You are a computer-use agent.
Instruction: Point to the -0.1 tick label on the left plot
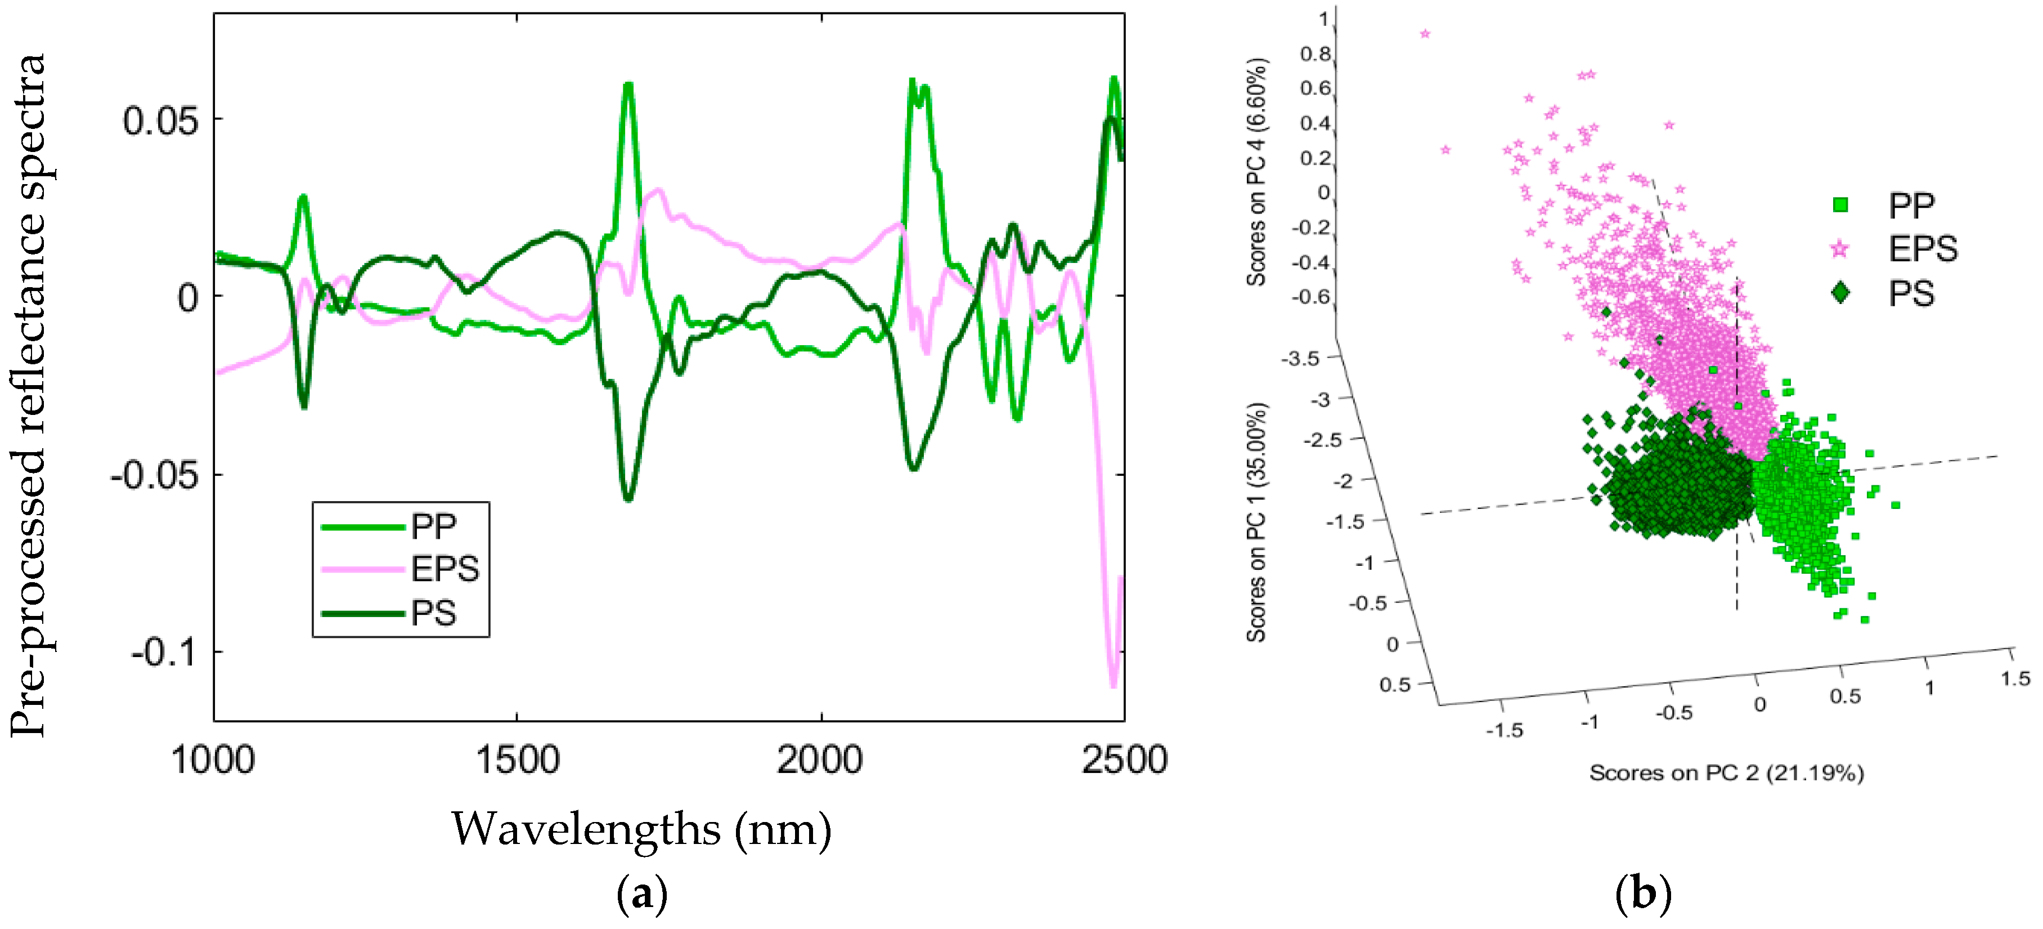tap(162, 653)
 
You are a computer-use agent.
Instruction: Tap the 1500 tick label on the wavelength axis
tap(517, 760)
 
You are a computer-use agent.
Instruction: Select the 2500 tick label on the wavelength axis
tap(1124, 760)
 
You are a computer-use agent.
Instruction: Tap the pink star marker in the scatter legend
tap(1840, 249)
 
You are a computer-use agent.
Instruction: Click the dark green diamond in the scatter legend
tap(1840, 293)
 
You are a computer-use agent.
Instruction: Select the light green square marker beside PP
tap(1840, 206)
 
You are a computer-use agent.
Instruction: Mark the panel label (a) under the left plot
tap(641, 895)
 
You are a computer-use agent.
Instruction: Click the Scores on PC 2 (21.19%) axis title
tap(1726, 772)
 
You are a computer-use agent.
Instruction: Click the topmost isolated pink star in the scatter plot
tap(1425, 33)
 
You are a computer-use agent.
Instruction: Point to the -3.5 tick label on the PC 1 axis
tap(1301, 359)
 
